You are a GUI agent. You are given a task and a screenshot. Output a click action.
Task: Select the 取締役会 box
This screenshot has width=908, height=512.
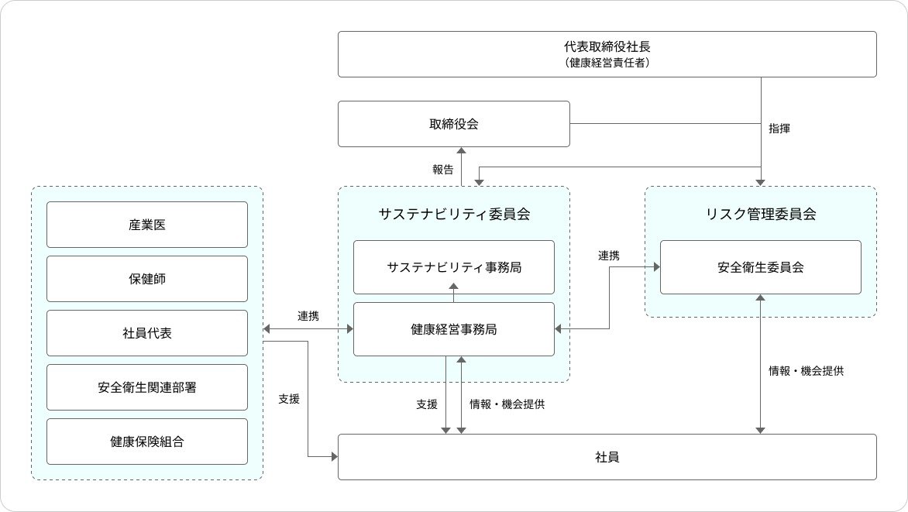(x=453, y=124)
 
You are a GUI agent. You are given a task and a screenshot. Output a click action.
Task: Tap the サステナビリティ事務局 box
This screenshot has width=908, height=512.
(x=453, y=267)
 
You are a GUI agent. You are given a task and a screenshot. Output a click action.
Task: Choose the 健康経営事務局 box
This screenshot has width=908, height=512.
(x=453, y=329)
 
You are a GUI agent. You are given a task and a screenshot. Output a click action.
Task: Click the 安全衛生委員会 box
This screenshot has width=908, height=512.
(x=760, y=267)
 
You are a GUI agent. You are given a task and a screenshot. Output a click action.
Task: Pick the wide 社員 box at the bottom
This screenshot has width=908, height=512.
(x=607, y=457)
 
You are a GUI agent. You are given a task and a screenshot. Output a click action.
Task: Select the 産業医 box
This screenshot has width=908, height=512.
(x=147, y=225)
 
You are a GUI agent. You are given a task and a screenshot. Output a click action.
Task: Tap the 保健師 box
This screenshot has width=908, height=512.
(x=147, y=279)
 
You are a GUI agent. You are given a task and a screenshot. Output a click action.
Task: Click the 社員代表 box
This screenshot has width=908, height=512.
(x=147, y=333)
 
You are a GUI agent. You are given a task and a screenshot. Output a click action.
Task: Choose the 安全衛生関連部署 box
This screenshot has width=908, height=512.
(x=147, y=387)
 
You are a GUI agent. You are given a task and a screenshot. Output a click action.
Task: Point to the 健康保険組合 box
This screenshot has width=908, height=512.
(x=147, y=442)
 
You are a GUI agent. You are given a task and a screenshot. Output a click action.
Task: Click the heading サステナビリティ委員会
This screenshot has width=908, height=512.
(x=453, y=215)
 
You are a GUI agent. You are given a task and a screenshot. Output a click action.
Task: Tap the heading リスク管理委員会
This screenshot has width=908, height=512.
(x=760, y=215)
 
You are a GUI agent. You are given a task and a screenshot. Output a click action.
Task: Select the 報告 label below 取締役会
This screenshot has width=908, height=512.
(x=443, y=170)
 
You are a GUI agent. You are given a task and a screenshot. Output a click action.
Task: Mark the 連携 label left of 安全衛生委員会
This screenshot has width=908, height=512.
(x=608, y=255)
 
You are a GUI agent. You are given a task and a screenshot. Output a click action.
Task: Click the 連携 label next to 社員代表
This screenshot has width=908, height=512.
(x=308, y=316)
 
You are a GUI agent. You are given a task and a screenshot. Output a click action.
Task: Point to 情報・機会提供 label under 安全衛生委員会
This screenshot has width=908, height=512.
(x=805, y=371)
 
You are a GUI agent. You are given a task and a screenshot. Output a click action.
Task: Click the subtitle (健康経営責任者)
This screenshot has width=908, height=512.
(x=607, y=63)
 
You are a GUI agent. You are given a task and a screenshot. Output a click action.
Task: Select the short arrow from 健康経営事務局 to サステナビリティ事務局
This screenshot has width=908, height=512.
(x=454, y=292)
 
